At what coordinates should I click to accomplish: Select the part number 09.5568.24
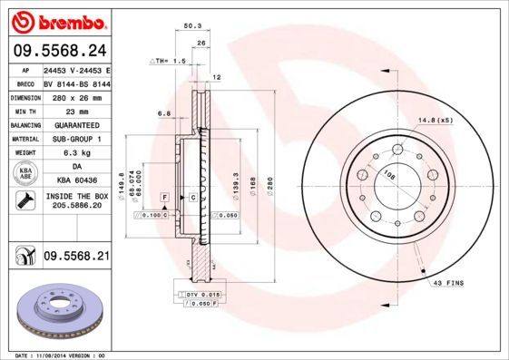[x=58, y=50]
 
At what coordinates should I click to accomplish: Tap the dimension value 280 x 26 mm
[x=75, y=95]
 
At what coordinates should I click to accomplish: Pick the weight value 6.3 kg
[x=75, y=153]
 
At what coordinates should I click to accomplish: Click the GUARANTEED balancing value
[x=75, y=124]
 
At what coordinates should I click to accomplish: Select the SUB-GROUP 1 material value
[x=75, y=139]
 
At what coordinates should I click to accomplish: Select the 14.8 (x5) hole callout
[x=435, y=120]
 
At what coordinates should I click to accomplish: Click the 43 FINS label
[x=448, y=283]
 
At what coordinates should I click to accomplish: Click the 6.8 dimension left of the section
[x=164, y=113]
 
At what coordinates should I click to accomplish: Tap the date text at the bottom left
[x=54, y=355]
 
